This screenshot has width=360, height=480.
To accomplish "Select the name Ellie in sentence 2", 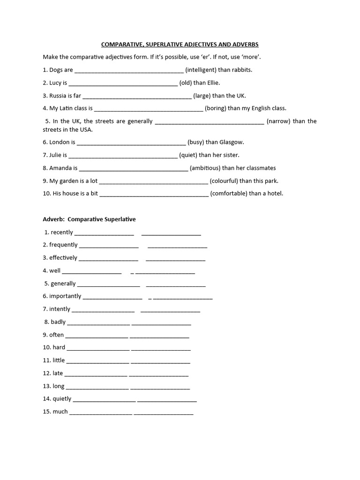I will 212,83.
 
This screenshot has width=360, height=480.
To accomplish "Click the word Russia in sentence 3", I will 58,96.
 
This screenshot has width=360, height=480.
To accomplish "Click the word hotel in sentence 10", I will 275,193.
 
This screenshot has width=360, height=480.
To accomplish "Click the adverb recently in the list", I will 62,232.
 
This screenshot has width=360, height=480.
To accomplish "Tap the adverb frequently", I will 63,245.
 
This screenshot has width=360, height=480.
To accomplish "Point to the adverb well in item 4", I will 55,270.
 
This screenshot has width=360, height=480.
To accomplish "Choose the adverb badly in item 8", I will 58,322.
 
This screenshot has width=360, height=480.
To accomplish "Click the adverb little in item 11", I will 59,360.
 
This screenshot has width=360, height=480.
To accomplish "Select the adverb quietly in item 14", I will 62,399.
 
